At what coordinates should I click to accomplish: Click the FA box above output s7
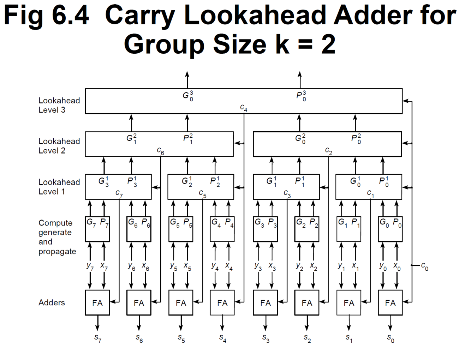pos(97,302)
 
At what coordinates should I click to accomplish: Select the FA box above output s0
pos(390,302)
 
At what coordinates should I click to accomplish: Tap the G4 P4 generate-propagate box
pos(222,229)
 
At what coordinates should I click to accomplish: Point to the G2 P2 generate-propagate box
pos(307,229)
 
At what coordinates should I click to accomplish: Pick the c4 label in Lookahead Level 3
pos(244,107)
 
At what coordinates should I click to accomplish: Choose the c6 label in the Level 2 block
pos(161,151)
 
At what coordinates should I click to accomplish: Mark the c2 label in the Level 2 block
pos(329,151)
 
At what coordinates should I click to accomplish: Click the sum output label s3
pos(266,338)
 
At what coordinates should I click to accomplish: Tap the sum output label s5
pos(181,338)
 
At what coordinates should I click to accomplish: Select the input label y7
pos(90,266)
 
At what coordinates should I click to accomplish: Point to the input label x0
pos(397,266)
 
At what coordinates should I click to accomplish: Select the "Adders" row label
pos(52,302)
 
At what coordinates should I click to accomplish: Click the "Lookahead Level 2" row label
pos(59,146)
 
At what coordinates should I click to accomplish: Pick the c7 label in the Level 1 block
pos(119,193)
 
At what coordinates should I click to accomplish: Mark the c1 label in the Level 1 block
pos(370,193)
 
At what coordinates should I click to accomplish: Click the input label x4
pos(229,266)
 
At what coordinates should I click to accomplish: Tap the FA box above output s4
pos(222,302)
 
